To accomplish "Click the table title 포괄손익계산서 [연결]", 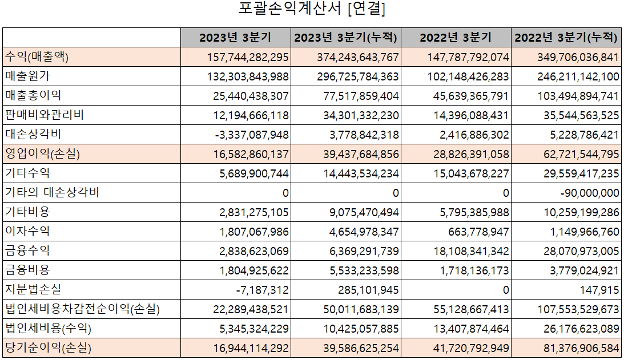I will pos(312,10).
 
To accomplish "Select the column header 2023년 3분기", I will pos(235,38).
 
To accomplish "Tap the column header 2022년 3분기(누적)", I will pos(566,38).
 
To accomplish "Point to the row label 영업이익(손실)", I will pos(43,154).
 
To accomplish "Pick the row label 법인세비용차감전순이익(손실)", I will pos(82,309).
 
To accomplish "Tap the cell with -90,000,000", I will pos(590,193).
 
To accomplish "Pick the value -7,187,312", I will pos(262,290).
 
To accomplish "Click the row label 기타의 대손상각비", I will pos(52,193).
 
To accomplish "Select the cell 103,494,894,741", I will pos(578,96).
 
